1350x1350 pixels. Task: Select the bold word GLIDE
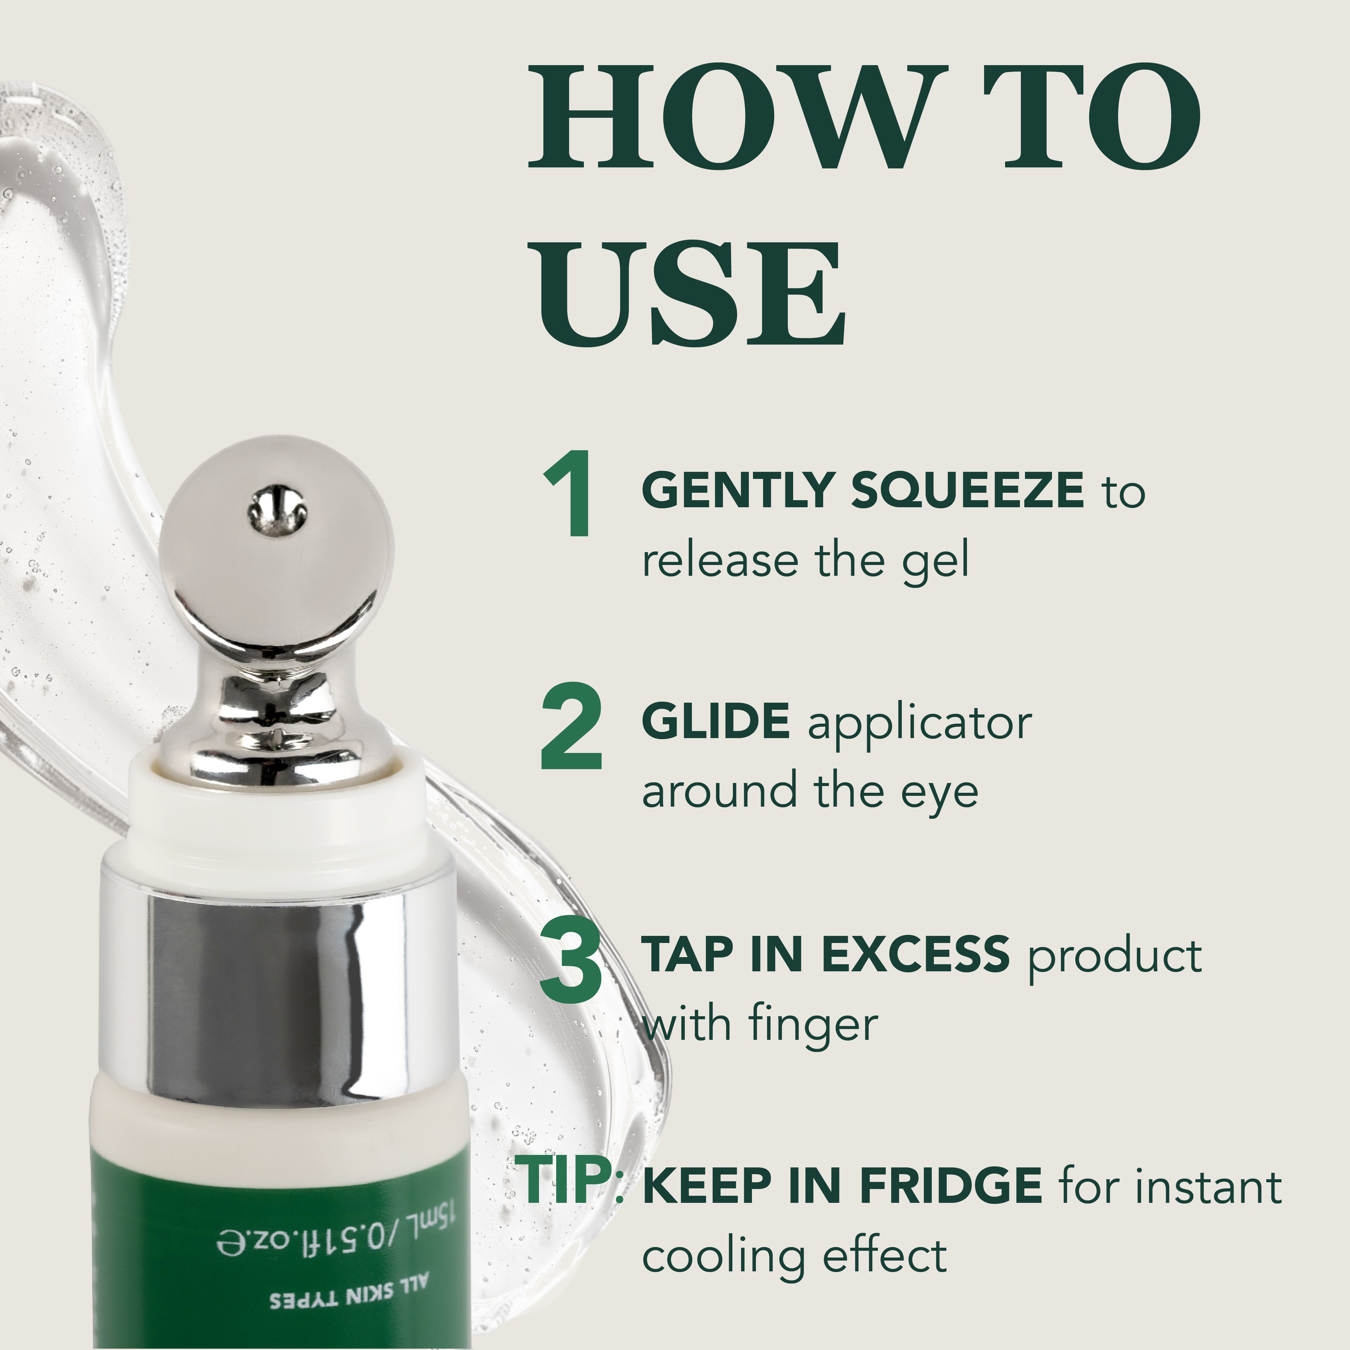716,722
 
